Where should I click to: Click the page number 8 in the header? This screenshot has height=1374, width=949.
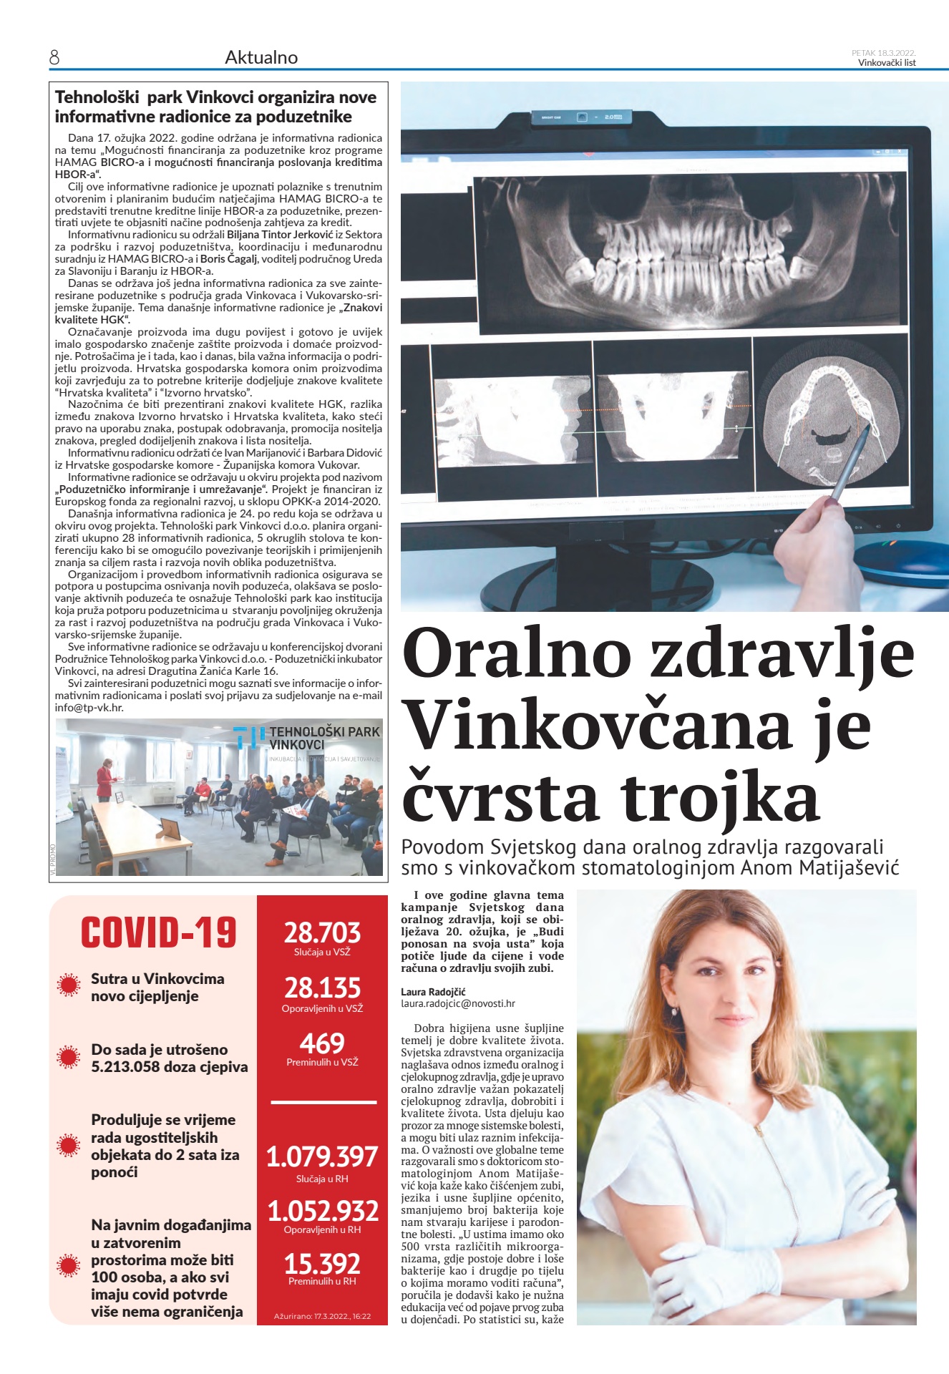click(54, 57)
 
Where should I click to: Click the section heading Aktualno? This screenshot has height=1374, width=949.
click(261, 57)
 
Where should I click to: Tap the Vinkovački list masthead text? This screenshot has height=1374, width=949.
click(887, 62)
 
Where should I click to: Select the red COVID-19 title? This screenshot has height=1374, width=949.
click(158, 932)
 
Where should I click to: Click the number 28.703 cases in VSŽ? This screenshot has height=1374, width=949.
click(322, 932)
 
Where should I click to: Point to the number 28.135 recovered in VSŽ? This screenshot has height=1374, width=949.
click(322, 988)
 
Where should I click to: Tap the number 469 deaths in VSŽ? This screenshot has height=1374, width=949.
click(322, 1043)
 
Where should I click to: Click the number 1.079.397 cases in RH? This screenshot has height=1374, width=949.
click(322, 1157)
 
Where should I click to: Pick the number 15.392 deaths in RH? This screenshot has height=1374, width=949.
click(322, 1263)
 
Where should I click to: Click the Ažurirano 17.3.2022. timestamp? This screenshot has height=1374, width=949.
click(322, 1316)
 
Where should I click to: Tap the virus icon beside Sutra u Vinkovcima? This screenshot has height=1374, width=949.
click(69, 985)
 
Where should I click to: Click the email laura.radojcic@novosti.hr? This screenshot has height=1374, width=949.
click(458, 1004)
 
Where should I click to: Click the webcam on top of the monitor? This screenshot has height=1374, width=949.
click(583, 116)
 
